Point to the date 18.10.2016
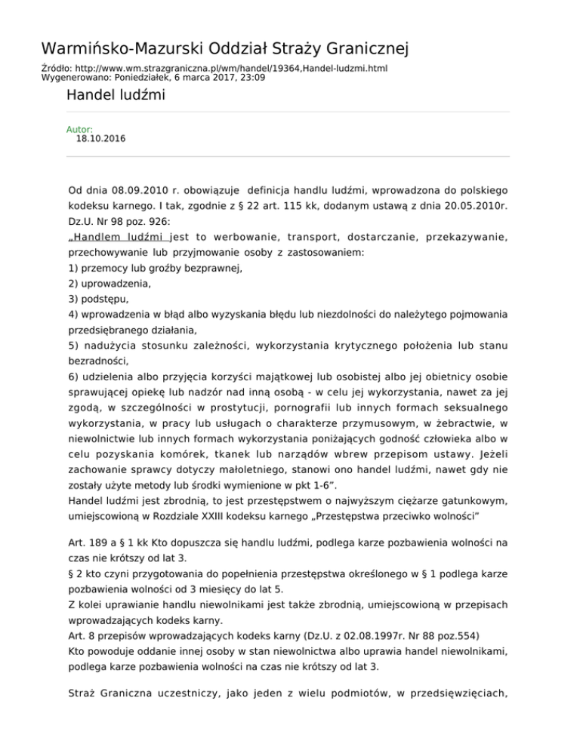coord(101,139)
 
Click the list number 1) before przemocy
coord(73,268)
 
